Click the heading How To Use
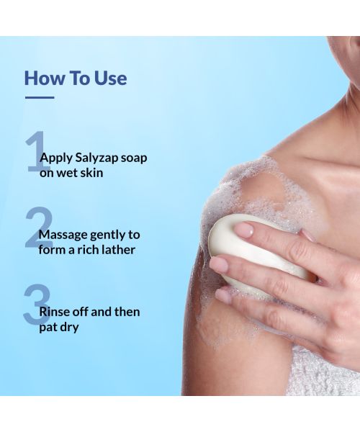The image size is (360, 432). [x=76, y=77]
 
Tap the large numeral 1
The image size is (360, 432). [x=35, y=152]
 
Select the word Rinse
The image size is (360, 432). [x=55, y=312]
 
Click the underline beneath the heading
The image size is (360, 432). [x=40, y=96]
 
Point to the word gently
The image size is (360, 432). [x=108, y=235]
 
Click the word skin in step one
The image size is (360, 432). [x=92, y=174]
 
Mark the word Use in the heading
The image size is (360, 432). [x=111, y=77]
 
